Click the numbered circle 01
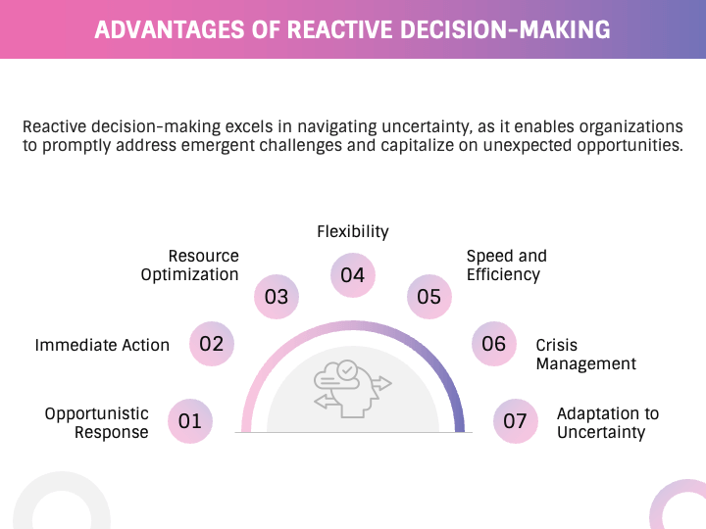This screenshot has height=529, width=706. (x=189, y=422)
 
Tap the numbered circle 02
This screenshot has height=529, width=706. (x=212, y=344)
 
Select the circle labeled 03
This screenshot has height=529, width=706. (x=277, y=296)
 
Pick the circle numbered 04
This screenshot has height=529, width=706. (x=353, y=275)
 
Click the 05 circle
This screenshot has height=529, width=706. (x=429, y=296)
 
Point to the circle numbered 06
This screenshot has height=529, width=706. (x=494, y=344)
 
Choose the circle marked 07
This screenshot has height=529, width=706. (x=516, y=422)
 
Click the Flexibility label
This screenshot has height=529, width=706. (x=353, y=232)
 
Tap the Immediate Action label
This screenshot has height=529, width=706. (x=102, y=345)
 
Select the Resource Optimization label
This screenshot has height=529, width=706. (x=190, y=265)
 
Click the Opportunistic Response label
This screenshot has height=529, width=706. (x=97, y=423)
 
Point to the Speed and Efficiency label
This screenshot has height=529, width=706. (x=506, y=265)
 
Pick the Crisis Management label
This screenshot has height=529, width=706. (x=585, y=355)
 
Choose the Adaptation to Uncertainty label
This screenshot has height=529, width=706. (x=607, y=423)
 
